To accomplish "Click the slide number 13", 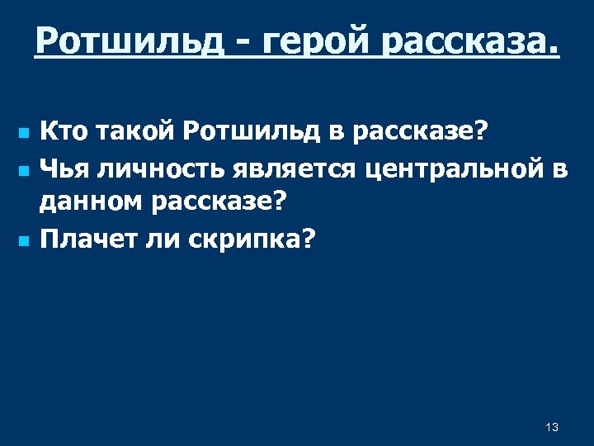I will [552, 427].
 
